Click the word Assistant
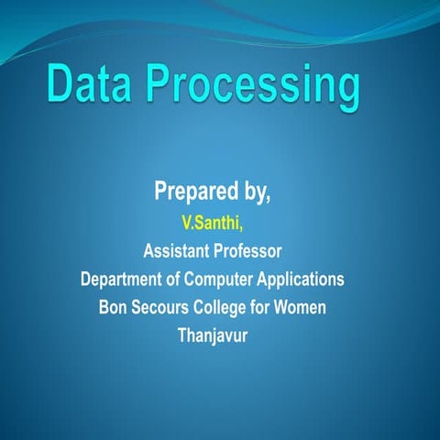pos(179,249)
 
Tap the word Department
pos(126,278)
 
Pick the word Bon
pos(115,306)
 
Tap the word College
pos(225,306)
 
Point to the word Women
pos(301,306)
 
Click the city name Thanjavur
pos(213,335)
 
